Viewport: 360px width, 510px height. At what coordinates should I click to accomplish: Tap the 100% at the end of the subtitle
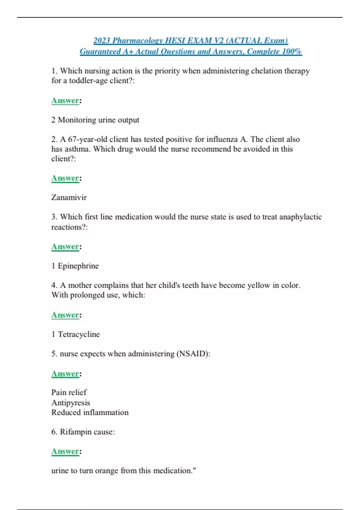pyautogui.click(x=292, y=51)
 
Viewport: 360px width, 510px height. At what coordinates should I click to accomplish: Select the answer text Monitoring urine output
pyautogui.click(x=98, y=120)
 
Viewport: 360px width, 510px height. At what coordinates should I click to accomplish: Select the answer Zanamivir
pyautogui.click(x=69, y=197)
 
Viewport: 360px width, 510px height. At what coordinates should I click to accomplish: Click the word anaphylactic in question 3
pyautogui.click(x=300, y=217)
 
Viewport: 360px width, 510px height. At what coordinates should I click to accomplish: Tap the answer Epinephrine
pyautogui.click(x=78, y=266)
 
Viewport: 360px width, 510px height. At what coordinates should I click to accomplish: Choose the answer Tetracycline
pyautogui.click(x=79, y=334)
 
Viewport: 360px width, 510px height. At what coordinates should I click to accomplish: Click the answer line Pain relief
pyautogui.click(x=69, y=392)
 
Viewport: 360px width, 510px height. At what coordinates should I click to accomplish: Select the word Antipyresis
pyautogui.click(x=70, y=403)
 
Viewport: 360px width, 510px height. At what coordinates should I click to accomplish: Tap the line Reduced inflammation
pyautogui.click(x=90, y=412)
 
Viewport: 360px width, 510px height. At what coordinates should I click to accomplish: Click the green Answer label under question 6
pyautogui.click(x=65, y=451)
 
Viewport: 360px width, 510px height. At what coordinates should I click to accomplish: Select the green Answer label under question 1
pyautogui.click(x=65, y=100)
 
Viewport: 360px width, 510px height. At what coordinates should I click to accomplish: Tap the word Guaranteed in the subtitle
pyautogui.click(x=100, y=51)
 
